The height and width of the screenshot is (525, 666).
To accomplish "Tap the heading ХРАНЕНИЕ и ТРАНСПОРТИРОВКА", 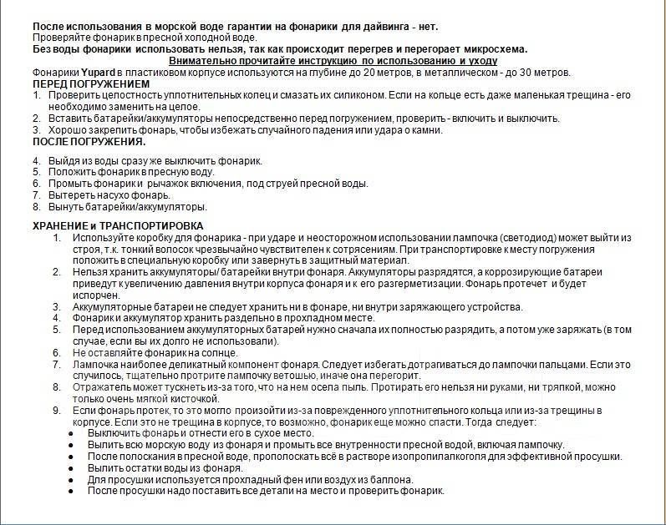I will [x=117, y=226].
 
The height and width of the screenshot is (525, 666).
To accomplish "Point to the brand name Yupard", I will [x=98, y=73].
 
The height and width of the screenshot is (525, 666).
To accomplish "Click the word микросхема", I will [x=495, y=49].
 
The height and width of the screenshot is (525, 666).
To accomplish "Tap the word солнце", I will [x=206, y=353].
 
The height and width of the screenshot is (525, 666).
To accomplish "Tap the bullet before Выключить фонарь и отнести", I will [x=73, y=433].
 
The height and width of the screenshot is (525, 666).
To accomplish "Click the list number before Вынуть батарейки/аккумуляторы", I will [x=36, y=206].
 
